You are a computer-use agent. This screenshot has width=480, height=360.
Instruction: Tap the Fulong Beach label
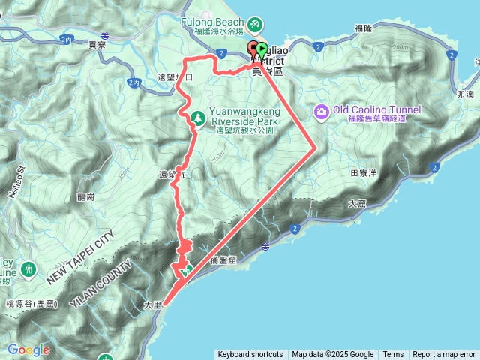[211, 22]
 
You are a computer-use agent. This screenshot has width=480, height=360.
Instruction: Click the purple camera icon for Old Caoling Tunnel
[322, 111]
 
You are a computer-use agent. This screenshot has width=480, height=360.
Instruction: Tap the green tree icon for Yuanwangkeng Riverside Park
[198, 117]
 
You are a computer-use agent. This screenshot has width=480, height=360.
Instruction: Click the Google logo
[28, 349]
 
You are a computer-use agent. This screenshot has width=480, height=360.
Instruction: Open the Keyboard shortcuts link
[250, 355]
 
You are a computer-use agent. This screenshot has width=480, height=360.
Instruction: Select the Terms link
[393, 355]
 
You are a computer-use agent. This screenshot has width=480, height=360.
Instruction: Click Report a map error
[444, 355]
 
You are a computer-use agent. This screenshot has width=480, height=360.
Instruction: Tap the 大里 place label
[151, 306]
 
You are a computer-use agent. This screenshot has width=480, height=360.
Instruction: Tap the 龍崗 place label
[85, 196]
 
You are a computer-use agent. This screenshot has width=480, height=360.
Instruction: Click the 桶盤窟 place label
[223, 259]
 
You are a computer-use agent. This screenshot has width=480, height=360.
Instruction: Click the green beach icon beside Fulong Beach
[255, 25]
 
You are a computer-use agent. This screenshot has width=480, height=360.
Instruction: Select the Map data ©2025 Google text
[333, 355]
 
